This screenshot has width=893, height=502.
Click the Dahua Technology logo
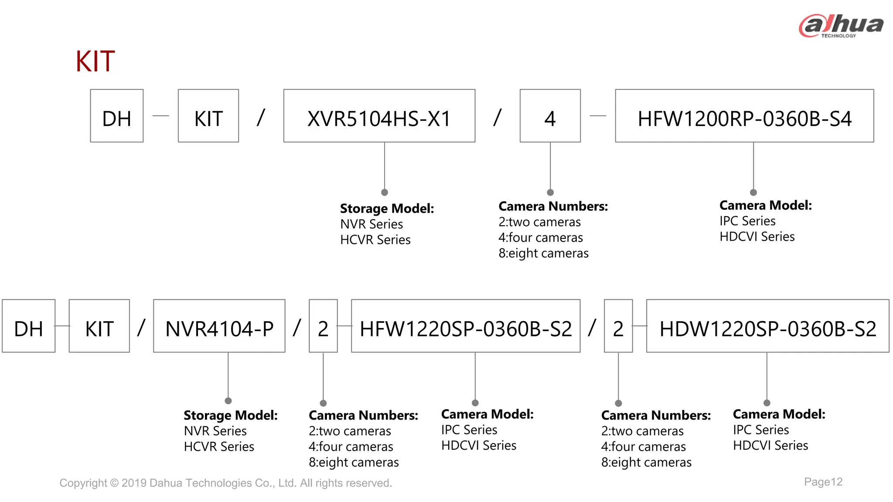841,26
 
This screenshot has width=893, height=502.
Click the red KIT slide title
95,61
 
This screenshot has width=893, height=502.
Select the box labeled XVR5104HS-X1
379,116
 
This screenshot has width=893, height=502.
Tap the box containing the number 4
550,116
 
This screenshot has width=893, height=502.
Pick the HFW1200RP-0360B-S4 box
744,116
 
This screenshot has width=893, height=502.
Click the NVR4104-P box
219,326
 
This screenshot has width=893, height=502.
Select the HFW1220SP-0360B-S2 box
466,326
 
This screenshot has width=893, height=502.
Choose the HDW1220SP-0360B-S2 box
767,326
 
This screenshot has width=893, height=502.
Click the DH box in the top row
116,116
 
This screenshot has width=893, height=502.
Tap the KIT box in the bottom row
99,326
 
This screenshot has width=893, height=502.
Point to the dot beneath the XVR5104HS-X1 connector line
385,192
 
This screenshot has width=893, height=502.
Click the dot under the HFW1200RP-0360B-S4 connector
753,192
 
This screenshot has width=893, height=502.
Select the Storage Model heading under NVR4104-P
230,415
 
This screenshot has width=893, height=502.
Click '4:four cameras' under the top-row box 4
541,237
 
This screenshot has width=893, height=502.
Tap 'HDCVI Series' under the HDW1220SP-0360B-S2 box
770,445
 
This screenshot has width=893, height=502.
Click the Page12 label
823,482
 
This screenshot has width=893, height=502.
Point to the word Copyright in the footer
83,483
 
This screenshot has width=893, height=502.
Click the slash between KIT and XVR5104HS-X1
261,117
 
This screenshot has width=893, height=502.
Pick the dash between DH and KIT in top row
160,116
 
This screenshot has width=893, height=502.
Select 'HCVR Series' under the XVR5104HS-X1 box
375,240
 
